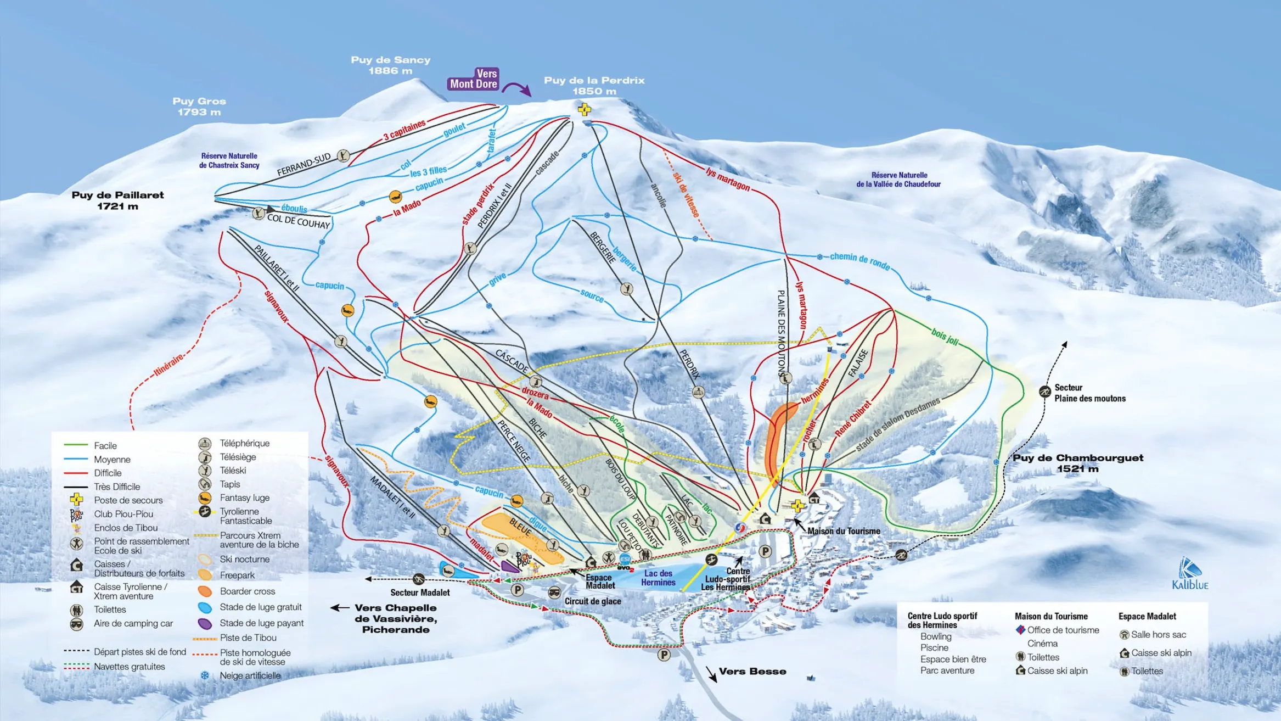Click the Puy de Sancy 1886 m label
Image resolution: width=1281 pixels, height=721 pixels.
[x=390, y=65]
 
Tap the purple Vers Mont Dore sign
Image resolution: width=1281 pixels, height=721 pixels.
[x=474, y=79]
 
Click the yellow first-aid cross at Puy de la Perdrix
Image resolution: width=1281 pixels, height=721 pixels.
[x=584, y=109]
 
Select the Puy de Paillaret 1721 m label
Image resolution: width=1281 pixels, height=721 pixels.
[x=117, y=200]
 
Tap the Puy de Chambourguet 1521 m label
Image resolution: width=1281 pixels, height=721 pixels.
[x=1077, y=462]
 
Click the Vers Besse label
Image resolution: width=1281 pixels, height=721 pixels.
[x=752, y=671]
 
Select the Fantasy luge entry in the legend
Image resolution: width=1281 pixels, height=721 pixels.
[x=244, y=498]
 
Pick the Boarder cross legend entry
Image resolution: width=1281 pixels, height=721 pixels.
[x=247, y=591]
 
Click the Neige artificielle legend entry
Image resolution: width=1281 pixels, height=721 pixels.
[x=250, y=675]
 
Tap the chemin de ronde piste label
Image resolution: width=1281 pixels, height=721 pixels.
[x=859, y=260]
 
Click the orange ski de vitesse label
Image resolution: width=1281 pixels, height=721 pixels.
[x=686, y=195]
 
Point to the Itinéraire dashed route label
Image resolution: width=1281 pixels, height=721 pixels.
[x=168, y=365]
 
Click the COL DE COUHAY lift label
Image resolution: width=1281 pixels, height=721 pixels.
[x=299, y=221]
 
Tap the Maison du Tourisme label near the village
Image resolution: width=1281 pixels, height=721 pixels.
[x=844, y=531]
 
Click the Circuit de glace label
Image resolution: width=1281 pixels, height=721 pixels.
[x=593, y=601]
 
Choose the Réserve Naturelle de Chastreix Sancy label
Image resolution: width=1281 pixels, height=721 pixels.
[x=229, y=160]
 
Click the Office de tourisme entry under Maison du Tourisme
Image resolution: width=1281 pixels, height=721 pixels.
[x=1063, y=630]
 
